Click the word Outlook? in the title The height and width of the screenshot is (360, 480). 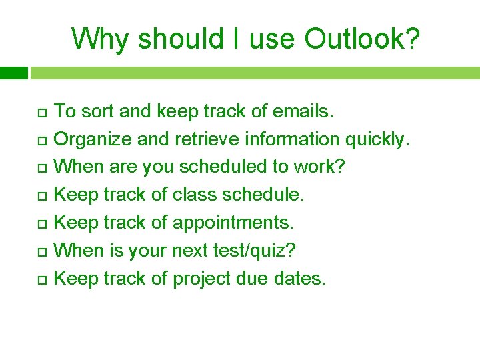(363, 39)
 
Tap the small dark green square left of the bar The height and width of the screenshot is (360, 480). (13, 72)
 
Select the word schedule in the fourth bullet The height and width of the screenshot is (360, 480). (262, 195)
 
